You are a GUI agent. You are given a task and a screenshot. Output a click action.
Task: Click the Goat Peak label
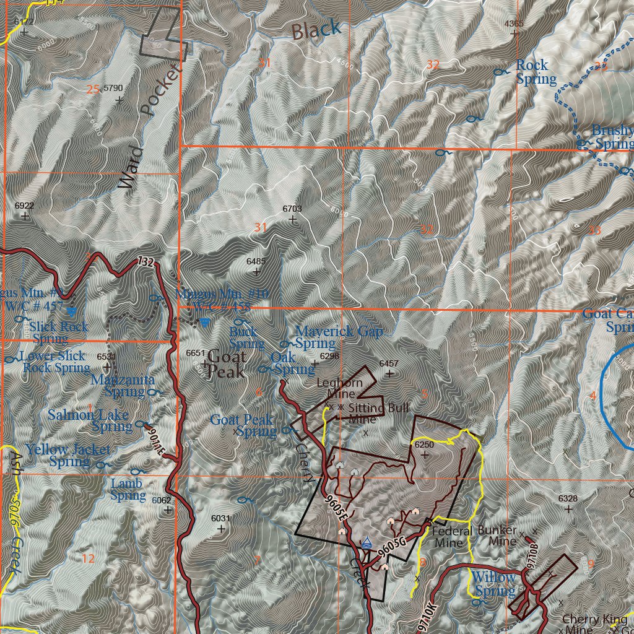tap(226, 364)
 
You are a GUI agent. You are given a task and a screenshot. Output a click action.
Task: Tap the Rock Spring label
tap(536, 72)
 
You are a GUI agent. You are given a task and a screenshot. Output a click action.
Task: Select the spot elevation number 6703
tap(292, 209)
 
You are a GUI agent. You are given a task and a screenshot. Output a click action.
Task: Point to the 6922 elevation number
tap(24, 206)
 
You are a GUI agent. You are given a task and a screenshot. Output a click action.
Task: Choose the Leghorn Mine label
tap(339, 388)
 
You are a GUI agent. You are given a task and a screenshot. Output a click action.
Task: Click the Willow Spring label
tap(493, 584)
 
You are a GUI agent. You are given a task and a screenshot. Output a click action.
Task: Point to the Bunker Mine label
tap(497, 536)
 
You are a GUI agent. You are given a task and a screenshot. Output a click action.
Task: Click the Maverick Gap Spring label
tap(339, 337)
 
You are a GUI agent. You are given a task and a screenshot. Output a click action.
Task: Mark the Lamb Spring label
tap(128, 489)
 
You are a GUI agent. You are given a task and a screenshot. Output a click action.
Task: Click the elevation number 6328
tap(568, 498)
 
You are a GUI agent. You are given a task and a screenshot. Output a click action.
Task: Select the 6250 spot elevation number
tap(424, 445)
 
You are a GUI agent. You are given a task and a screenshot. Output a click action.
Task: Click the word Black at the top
tap(316, 29)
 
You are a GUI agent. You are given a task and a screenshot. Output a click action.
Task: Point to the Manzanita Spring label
tap(122, 384)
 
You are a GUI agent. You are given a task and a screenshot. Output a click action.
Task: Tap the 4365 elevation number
tap(515, 24)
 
